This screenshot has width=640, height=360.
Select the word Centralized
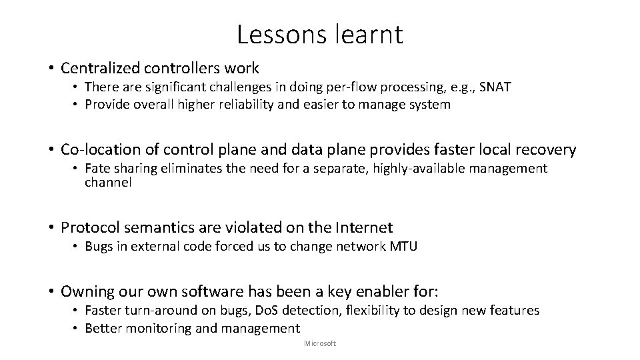tap(99, 68)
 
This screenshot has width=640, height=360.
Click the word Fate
tap(97, 169)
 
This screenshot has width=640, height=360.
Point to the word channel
tap(108, 183)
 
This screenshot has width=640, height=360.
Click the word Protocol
tap(87, 228)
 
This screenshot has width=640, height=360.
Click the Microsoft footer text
tap(320, 343)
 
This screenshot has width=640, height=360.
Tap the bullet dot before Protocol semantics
tap(51, 228)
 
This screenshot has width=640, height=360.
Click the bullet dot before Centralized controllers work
tap(51, 68)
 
